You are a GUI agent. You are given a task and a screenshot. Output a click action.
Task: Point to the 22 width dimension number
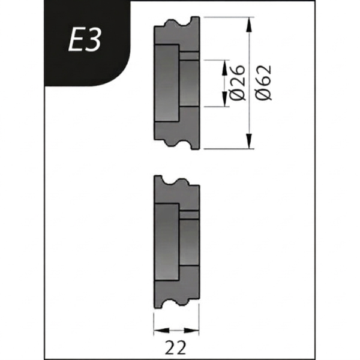click(176, 347)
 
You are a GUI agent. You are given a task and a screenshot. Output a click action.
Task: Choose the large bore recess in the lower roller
click(167, 241)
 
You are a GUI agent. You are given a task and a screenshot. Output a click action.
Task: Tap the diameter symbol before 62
click(263, 94)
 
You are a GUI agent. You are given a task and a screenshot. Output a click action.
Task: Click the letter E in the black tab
click(74, 41)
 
